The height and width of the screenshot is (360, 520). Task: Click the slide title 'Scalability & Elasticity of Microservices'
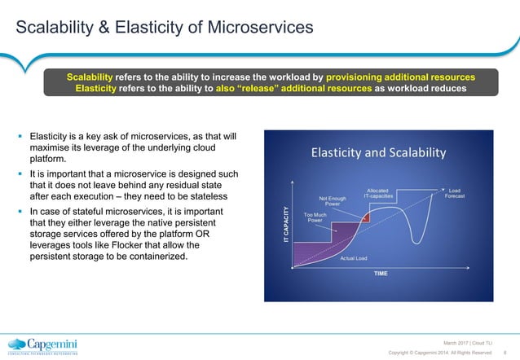tap(165, 29)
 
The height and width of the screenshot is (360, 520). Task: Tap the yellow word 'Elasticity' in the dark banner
tap(99, 89)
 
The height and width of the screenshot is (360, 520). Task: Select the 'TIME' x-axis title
tap(381, 274)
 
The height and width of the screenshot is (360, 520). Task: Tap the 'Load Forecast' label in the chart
tap(455, 191)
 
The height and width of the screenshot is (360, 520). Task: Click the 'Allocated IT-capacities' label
tap(378, 192)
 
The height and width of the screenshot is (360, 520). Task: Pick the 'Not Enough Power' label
tap(333, 200)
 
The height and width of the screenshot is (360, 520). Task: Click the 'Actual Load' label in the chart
tap(354, 258)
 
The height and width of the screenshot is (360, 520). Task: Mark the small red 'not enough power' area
tap(366, 217)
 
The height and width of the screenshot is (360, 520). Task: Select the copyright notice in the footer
tap(440, 352)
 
